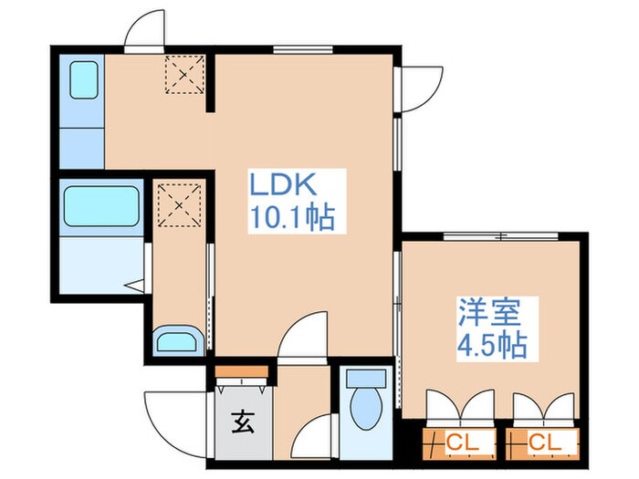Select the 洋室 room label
[489, 313]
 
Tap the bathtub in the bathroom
[100, 207]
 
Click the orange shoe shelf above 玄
[243, 370]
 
